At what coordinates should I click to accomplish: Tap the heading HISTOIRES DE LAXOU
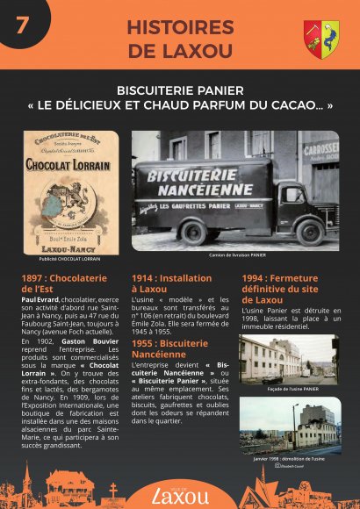(179, 39)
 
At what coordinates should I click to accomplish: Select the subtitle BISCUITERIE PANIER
(180, 90)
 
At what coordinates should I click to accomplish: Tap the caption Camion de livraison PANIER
(236, 255)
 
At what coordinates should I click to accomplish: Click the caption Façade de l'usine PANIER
(290, 387)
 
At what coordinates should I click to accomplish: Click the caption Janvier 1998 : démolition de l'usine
(290, 458)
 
